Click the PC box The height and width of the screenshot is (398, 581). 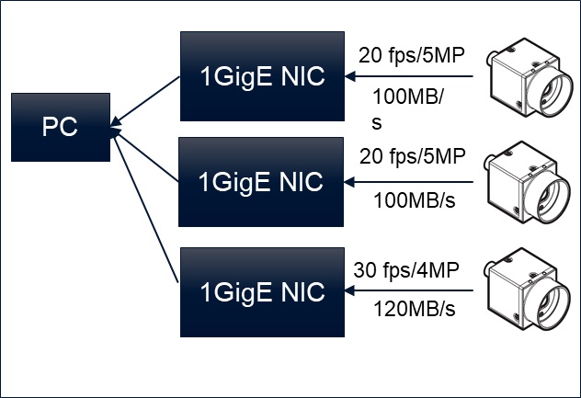[x=59, y=127]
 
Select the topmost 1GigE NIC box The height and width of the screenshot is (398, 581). [x=262, y=76]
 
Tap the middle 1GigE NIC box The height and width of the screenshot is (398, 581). [x=262, y=182]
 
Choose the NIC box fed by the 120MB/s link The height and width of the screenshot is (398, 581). [x=262, y=291]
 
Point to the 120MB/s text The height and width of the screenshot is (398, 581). [x=414, y=309]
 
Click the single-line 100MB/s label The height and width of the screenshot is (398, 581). [x=414, y=200]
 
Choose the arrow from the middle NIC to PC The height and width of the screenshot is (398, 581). [x=145, y=154]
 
